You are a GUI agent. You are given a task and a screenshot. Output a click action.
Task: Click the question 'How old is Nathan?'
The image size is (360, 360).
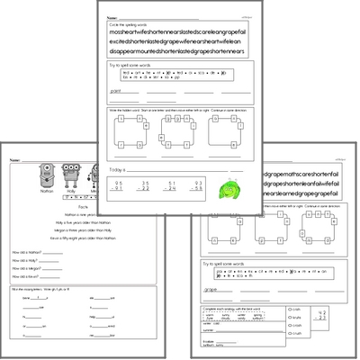coord(29,253)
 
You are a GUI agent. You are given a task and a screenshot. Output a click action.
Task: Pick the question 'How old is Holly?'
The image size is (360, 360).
coord(27,262)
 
